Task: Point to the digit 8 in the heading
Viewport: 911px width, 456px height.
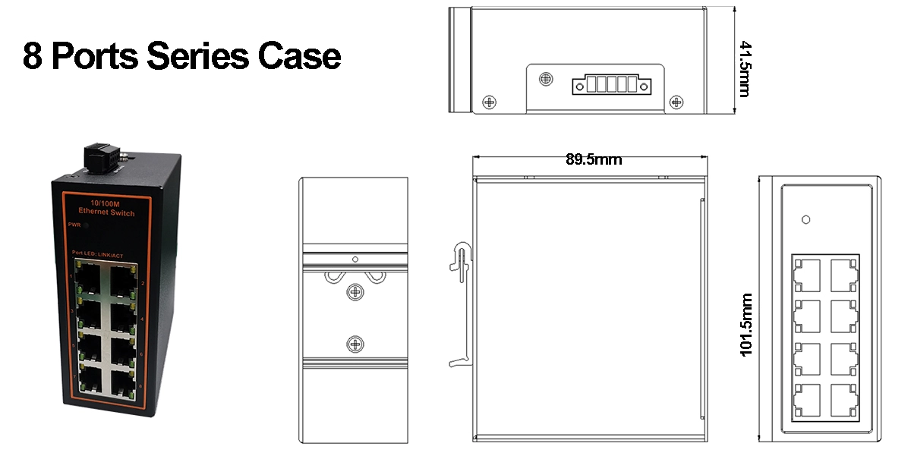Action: click(x=32, y=56)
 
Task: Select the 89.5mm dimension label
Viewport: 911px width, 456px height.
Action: click(x=593, y=159)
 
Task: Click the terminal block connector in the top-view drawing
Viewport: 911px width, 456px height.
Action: click(x=610, y=83)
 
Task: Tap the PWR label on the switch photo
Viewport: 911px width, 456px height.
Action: click(x=74, y=225)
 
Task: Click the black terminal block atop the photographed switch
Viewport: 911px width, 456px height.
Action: click(x=99, y=156)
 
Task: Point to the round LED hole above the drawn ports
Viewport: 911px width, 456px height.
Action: click(x=805, y=220)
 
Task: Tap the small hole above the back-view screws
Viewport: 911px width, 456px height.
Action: click(x=354, y=259)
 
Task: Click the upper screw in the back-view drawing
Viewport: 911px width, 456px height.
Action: click(x=354, y=293)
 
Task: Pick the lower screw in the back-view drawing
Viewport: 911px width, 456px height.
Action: click(x=354, y=344)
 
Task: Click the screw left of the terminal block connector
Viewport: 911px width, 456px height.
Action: click(x=546, y=79)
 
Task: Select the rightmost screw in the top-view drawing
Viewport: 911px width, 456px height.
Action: click(x=676, y=101)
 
